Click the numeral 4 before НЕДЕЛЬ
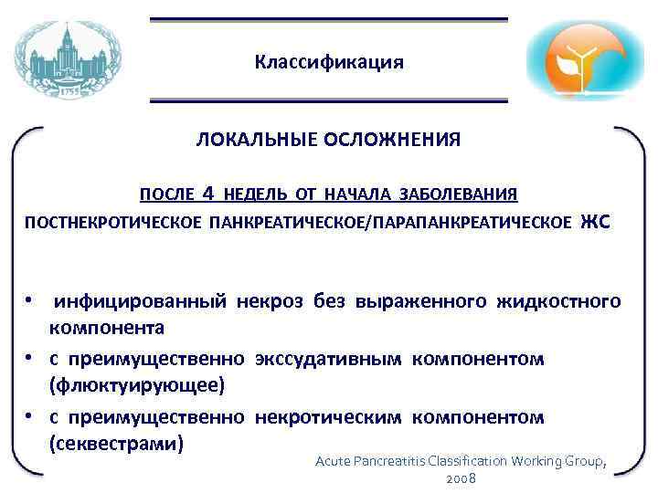click(209, 194)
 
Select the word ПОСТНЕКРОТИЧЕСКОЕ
click(114, 222)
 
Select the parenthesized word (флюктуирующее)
click(136, 385)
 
